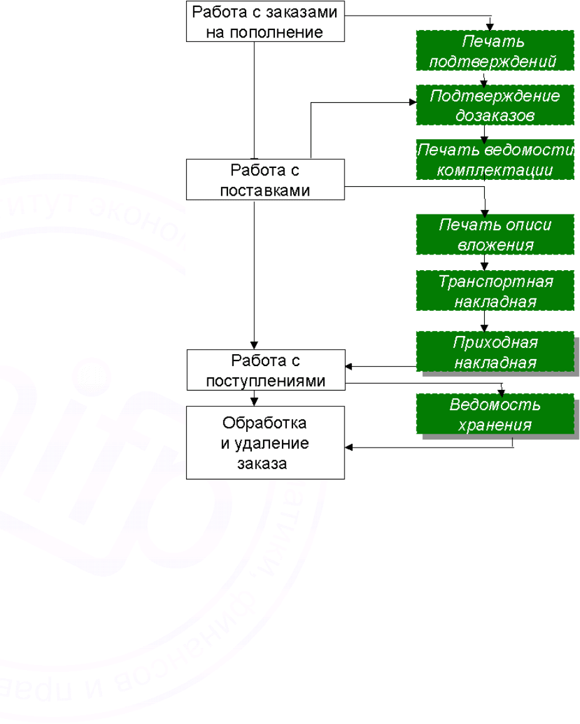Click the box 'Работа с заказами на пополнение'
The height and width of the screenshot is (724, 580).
[x=265, y=22]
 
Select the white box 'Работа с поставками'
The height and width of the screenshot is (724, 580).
[x=265, y=179]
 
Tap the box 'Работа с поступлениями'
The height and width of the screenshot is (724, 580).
[x=265, y=371]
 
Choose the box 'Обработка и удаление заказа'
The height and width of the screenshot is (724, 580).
[x=265, y=442]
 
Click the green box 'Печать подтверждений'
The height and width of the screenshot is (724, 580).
[x=495, y=51]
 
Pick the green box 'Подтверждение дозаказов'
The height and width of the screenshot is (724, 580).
[x=495, y=105]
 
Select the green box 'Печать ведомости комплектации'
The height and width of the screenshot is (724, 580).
[x=495, y=160]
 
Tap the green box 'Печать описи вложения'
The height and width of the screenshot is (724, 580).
[x=495, y=234]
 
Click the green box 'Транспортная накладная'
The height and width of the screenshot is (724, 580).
[x=495, y=290]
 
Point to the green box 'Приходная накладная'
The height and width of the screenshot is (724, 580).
[x=495, y=353]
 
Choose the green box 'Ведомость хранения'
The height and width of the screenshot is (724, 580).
[x=495, y=414]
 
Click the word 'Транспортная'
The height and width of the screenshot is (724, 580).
[x=495, y=281]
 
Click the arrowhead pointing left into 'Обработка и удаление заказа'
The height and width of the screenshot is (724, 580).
[x=349, y=448]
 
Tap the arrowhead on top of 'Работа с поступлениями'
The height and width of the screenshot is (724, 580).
[x=254, y=346]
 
